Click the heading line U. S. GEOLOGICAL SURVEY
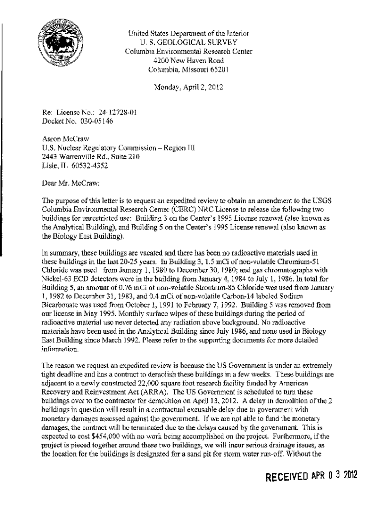click(x=188, y=42)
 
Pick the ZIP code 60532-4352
click(x=96, y=166)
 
